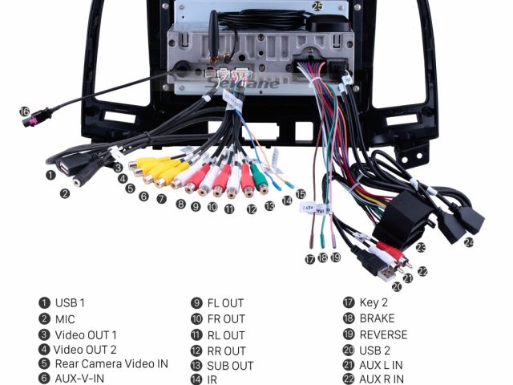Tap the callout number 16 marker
pyautogui.click(x=24, y=111)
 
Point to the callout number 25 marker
pyautogui.click(x=317, y=6)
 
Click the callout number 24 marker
pyautogui.click(x=469, y=241)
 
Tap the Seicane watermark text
pyautogui.click(x=252, y=83)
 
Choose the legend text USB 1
pyautogui.click(x=70, y=303)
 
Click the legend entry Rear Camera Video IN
pyautogui.click(x=111, y=363)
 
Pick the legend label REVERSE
pyautogui.click(x=383, y=334)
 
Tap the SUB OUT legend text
pyautogui.click(x=230, y=366)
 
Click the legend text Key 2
pyautogui.click(x=374, y=302)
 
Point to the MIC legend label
pyautogui.click(x=65, y=318)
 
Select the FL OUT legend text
pyautogui.click(x=225, y=303)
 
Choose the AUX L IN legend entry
pyautogui.click(x=381, y=365)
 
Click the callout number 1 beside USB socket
pyautogui.click(x=50, y=174)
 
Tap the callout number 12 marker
pyautogui.click(x=252, y=209)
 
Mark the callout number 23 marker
pyautogui.click(x=420, y=248)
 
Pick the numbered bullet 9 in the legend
pyautogui.click(x=196, y=303)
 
